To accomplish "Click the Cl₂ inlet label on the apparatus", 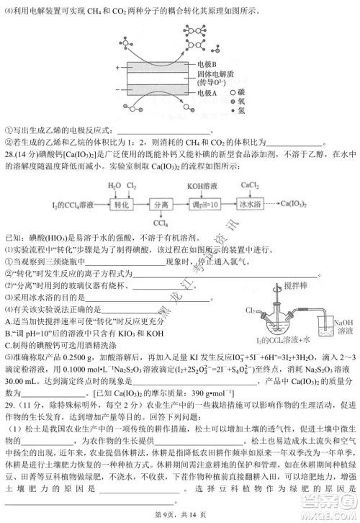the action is coord(250,310).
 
